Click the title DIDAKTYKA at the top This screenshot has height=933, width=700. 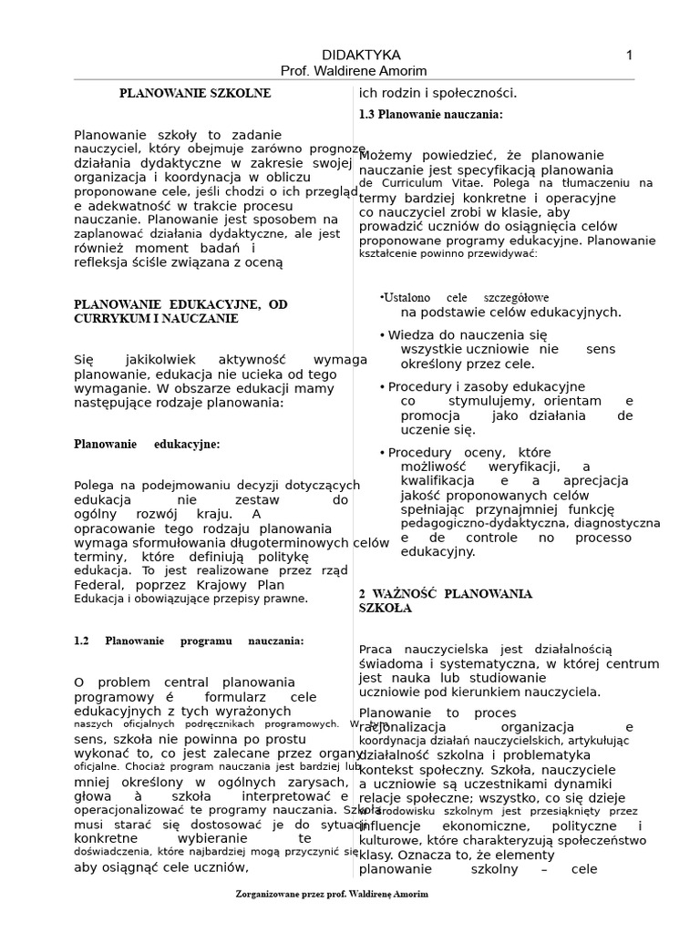click(361, 56)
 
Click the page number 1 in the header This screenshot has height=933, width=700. click(629, 56)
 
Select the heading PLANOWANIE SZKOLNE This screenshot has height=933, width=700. click(196, 93)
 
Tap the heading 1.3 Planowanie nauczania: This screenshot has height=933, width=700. click(431, 115)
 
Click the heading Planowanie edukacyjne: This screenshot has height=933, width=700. click(147, 444)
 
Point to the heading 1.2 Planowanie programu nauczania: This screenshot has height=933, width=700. click(189, 641)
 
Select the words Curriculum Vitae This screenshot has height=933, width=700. click(417, 183)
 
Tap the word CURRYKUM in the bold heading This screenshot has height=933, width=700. click(111, 319)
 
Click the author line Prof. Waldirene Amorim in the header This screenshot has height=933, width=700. click(355, 71)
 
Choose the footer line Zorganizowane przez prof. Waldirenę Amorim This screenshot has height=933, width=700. click(332, 894)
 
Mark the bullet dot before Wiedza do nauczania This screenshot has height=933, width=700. click(382, 334)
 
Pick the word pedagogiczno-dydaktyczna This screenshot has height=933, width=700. click(470, 524)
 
